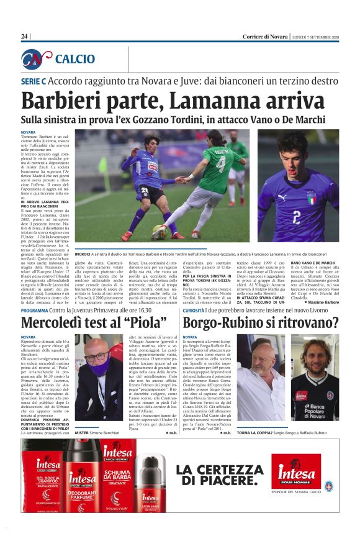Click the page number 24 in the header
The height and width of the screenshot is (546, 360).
(24, 37)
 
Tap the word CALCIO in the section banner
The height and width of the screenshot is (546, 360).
(74, 59)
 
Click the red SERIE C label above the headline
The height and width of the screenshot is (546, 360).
(34, 81)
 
